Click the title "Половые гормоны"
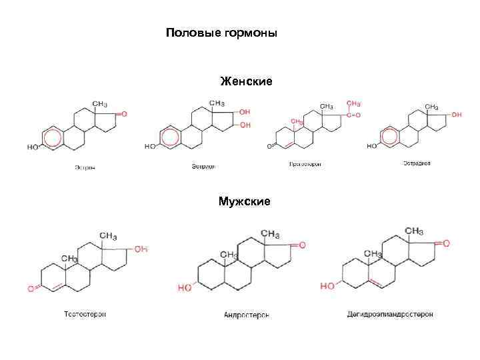[x=221, y=33]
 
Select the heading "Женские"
[x=246, y=81]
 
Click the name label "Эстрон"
[x=85, y=167]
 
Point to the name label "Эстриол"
[x=204, y=167]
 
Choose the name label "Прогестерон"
[x=305, y=164]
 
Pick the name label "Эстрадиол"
[x=417, y=163]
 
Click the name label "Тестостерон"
[x=85, y=313]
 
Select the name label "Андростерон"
[x=247, y=315]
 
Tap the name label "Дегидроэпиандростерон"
[x=390, y=313]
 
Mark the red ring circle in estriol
[x=169, y=138]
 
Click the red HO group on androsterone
[x=185, y=288]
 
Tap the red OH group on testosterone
[x=141, y=249]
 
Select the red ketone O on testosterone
[x=31, y=289]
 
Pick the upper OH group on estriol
[x=245, y=112]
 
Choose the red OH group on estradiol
[x=456, y=115]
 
